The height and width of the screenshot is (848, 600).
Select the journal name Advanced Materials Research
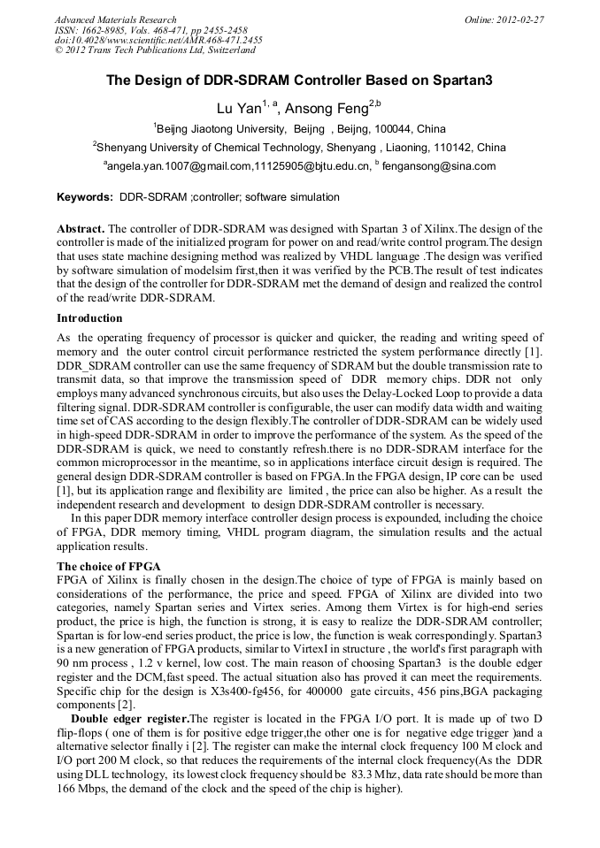point(115,19)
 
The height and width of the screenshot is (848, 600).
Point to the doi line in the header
point(158,41)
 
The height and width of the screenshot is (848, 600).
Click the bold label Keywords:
point(84,197)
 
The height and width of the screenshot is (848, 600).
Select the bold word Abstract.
point(81,228)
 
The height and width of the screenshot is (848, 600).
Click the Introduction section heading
point(89,318)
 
